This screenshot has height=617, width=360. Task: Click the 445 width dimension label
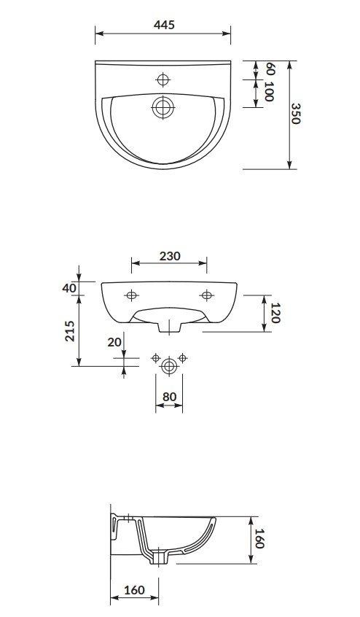click(164, 25)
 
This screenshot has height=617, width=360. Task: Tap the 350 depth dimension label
click(296, 114)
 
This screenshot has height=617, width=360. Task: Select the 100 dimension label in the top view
click(269, 92)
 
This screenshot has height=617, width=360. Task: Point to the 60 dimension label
click(270, 69)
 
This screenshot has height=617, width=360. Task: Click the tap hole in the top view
click(163, 80)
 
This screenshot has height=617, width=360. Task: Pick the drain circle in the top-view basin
click(163, 106)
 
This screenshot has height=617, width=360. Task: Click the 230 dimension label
click(170, 256)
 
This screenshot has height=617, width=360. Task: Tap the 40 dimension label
click(69, 288)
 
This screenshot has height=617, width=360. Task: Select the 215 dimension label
click(69, 331)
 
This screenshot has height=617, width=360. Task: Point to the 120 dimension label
click(275, 313)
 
